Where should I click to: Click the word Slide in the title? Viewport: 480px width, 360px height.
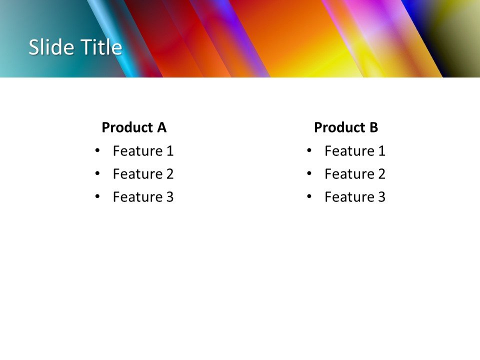point(47,47)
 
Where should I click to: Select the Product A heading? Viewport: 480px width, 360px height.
point(133,127)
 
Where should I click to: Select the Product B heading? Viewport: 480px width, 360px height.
point(346,127)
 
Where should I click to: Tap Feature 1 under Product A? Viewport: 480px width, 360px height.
point(143,150)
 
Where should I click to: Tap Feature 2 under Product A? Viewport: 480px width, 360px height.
point(143,174)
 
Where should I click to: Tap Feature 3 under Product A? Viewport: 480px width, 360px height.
point(143,197)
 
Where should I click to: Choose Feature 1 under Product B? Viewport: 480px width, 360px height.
point(355,150)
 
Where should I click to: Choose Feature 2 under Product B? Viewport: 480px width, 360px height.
point(355,174)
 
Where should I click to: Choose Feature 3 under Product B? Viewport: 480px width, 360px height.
point(355,197)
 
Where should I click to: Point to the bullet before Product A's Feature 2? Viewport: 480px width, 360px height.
point(97,173)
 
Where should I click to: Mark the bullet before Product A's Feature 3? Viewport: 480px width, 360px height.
point(97,196)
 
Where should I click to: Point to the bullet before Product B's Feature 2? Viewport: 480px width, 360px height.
point(309,173)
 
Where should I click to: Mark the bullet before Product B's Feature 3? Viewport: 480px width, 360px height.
point(309,196)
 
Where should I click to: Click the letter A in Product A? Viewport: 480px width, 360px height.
point(161,127)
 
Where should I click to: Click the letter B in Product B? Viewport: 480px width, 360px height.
point(373,127)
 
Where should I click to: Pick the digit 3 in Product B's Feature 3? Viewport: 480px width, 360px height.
point(381,197)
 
